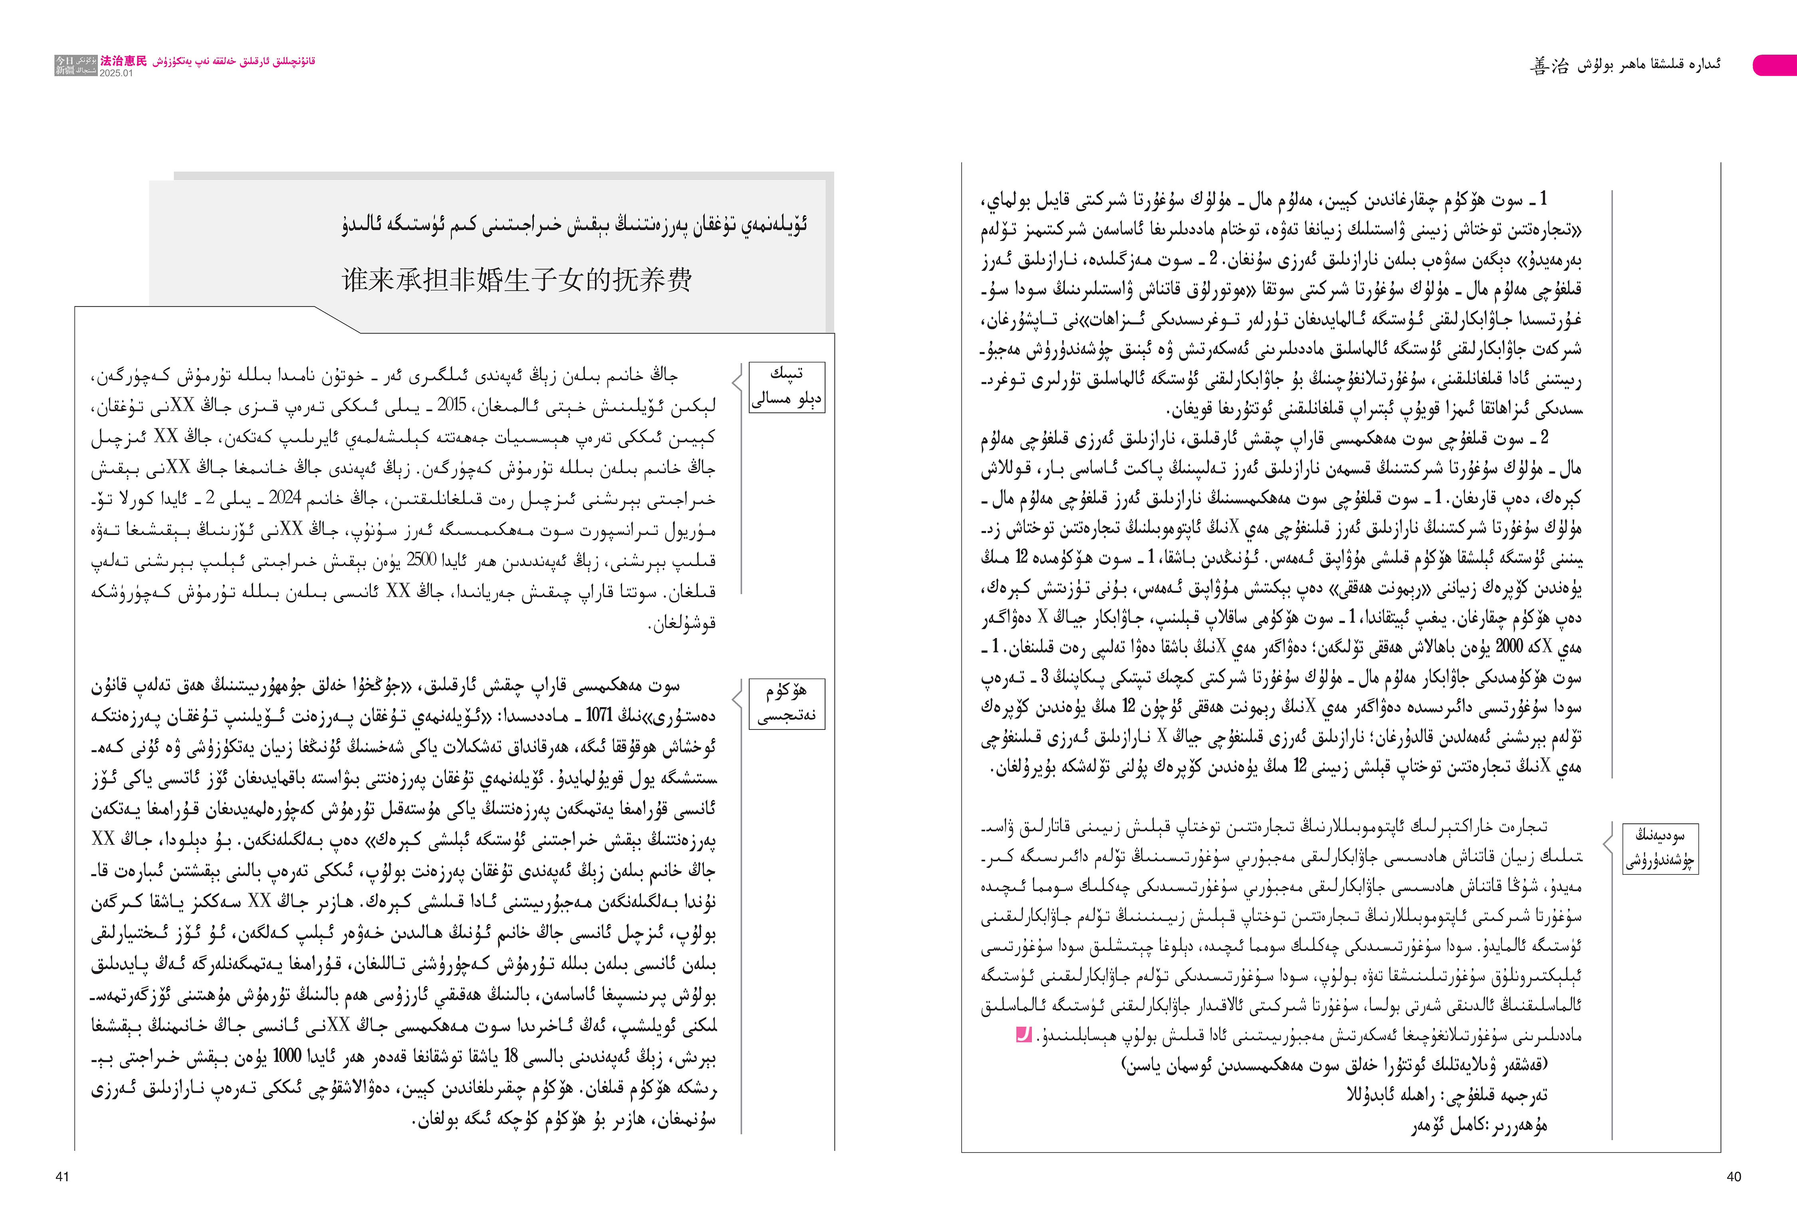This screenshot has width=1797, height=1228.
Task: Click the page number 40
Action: (1734, 1177)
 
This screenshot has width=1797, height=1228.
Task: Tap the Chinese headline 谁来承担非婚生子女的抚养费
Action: (516, 280)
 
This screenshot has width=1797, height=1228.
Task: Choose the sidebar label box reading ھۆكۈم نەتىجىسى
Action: (786, 704)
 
